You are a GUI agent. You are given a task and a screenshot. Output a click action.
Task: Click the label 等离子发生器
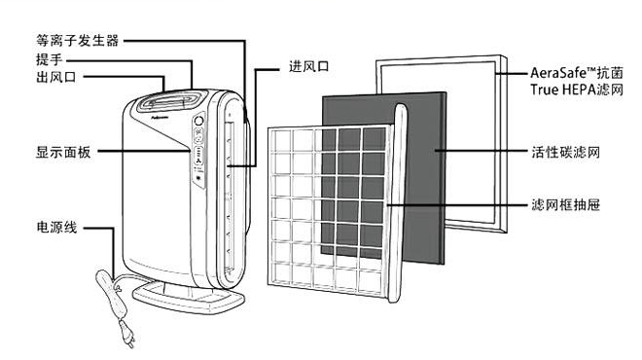point(78,41)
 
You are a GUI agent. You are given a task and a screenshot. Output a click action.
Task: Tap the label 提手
point(50,59)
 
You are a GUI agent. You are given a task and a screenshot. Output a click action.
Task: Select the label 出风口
point(56,77)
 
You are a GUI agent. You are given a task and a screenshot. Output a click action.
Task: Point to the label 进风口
point(309,66)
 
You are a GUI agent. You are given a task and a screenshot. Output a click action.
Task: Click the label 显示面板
point(63,153)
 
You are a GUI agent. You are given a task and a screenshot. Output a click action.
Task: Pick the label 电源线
point(56,227)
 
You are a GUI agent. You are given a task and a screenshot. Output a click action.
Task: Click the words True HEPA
point(563,90)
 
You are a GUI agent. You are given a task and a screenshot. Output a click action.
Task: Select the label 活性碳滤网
point(565,152)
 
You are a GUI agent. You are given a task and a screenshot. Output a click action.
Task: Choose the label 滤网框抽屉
point(565,204)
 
